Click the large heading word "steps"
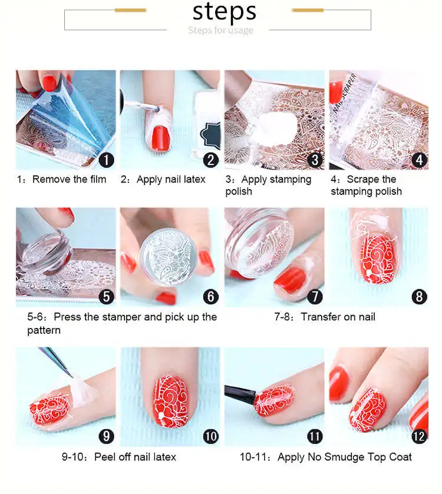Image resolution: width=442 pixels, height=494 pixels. tap(224, 12)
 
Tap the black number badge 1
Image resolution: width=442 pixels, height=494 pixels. tap(106, 160)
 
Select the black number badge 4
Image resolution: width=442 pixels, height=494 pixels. tap(419, 160)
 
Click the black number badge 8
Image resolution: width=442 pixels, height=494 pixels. tap(419, 297)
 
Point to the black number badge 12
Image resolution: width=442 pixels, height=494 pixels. tap(419, 436)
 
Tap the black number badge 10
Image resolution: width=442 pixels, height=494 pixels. tap(210, 436)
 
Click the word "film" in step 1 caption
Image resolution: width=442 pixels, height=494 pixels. tap(98, 179)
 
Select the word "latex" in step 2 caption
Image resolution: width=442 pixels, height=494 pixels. tap(194, 179)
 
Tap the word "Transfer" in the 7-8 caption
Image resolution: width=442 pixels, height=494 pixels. tap(319, 317)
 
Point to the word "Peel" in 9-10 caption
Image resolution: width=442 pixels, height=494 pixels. tap(105, 457)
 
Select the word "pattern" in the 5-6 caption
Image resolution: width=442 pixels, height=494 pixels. tap(44, 330)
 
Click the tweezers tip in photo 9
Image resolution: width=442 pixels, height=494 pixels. tap(72, 376)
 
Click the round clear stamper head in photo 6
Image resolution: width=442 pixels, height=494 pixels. tap(169, 257)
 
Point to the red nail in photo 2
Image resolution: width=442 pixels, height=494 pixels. tap(161, 139)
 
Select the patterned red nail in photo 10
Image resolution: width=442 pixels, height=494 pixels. tap(170, 401)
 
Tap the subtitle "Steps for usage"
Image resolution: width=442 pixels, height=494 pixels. tap(220, 30)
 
